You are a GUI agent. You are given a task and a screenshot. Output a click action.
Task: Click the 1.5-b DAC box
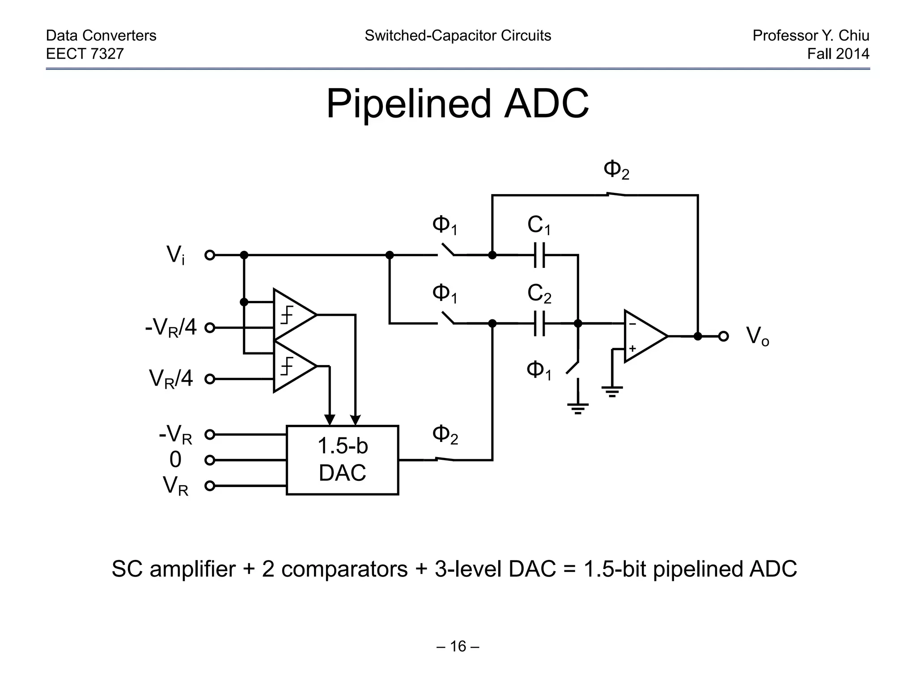(x=342, y=460)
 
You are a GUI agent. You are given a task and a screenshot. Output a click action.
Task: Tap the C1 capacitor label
(x=539, y=225)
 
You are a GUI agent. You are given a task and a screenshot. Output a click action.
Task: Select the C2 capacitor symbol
(x=540, y=323)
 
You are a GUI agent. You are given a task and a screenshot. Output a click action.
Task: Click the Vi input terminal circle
(x=210, y=255)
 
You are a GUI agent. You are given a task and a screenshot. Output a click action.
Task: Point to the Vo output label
(x=757, y=336)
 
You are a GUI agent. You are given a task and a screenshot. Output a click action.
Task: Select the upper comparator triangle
(x=293, y=315)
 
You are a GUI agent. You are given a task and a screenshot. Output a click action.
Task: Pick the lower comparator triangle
(x=293, y=366)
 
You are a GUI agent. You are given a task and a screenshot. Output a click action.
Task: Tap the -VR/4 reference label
(x=170, y=328)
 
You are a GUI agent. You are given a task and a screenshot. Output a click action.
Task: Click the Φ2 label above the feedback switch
(x=616, y=170)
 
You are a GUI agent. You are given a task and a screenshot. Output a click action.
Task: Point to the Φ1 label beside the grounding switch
(x=539, y=370)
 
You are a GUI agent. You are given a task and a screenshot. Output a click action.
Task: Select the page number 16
(x=458, y=646)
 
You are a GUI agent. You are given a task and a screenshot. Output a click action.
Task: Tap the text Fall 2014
(x=838, y=54)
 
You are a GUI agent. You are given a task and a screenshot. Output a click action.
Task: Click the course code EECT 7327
(x=85, y=54)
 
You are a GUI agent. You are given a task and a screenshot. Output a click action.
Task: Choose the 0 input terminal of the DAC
(x=210, y=460)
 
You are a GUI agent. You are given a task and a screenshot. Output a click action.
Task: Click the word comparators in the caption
(x=344, y=569)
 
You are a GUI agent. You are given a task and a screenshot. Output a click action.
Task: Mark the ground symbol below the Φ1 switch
(x=577, y=407)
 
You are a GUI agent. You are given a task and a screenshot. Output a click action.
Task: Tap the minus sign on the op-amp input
(x=632, y=324)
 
